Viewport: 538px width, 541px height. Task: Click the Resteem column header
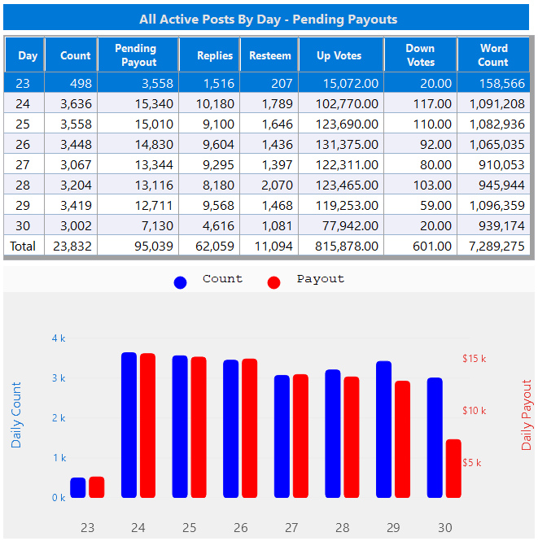click(270, 55)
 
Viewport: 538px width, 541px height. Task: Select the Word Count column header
click(493, 55)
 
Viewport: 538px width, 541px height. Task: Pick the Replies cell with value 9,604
click(216, 144)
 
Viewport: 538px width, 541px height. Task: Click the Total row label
click(23, 246)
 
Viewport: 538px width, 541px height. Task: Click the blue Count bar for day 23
click(78, 487)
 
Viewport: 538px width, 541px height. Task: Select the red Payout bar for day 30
click(453, 469)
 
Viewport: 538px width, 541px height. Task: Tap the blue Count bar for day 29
click(384, 430)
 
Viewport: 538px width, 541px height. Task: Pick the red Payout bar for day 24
click(147, 425)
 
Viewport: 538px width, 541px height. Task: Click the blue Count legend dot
click(181, 281)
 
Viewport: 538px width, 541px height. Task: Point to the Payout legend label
click(320, 279)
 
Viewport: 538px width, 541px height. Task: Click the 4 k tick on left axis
click(59, 338)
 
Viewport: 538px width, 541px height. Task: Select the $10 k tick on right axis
click(474, 411)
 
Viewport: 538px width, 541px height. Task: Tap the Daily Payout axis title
click(527, 414)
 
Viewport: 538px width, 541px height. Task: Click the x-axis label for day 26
click(240, 527)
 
